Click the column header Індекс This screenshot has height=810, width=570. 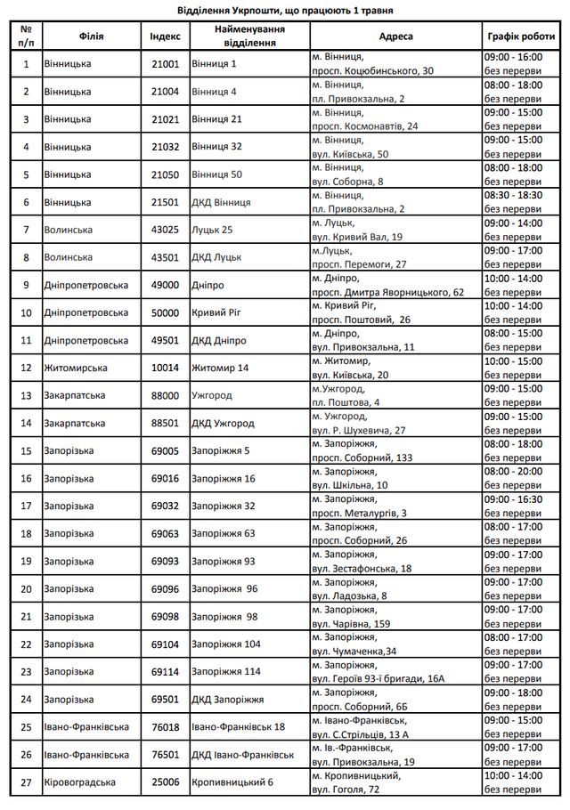point(166,36)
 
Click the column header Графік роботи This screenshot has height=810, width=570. point(521,36)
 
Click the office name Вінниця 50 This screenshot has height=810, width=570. point(216,174)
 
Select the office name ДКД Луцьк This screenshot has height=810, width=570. point(219,257)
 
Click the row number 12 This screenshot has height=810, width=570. point(26,368)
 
